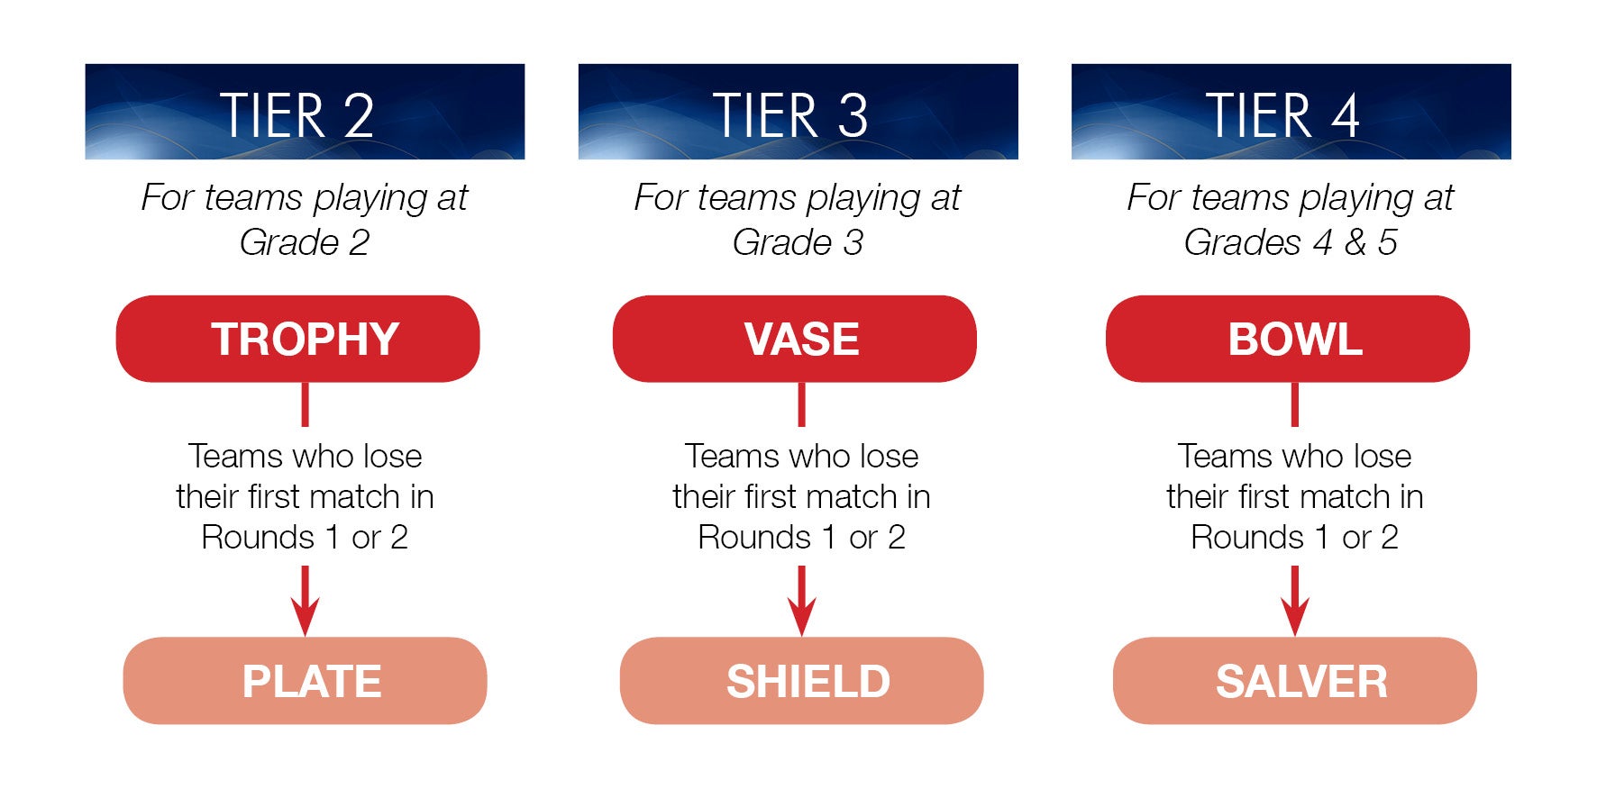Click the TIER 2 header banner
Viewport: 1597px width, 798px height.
pos(305,112)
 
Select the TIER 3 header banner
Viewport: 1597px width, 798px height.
pos(798,112)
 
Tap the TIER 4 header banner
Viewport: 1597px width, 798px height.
pos(1291,112)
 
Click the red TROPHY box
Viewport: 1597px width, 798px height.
pos(297,339)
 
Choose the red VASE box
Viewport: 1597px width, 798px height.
pos(794,339)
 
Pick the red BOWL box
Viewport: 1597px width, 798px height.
pos(1287,339)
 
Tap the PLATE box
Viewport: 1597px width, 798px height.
pos(305,681)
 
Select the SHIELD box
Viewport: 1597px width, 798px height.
pos(801,681)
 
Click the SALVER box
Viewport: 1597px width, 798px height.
pos(1294,681)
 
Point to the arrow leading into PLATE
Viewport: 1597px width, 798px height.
pos(305,601)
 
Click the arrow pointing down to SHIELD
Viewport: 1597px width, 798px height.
pos(801,601)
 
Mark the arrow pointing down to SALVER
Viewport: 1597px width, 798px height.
pos(1294,601)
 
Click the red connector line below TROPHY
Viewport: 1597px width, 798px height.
pos(305,404)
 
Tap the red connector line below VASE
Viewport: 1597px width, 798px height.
pos(801,404)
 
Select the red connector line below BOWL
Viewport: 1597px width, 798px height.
pos(1294,404)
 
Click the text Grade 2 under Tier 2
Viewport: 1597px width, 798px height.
pos(305,242)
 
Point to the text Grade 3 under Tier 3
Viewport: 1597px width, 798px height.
pos(798,242)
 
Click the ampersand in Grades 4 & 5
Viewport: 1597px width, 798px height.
pos(1355,242)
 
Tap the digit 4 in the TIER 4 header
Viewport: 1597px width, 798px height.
pos(1345,116)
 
